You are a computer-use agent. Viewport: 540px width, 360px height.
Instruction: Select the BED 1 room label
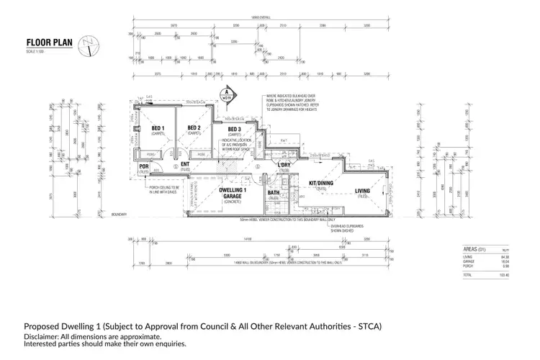click(x=158, y=129)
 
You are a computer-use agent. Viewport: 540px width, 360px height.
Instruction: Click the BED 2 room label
click(x=193, y=129)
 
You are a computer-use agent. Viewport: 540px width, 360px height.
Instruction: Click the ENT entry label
click(x=185, y=166)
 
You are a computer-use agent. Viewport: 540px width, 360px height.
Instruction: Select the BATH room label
click(x=274, y=193)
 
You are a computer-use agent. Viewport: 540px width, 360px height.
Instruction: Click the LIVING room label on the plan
click(x=362, y=191)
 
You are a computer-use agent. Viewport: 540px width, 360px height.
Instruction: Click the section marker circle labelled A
click(x=226, y=92)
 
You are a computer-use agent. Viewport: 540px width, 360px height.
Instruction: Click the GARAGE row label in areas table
click(x=469, y=261)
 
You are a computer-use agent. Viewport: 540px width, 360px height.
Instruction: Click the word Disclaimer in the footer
click(x=45, y=336)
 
